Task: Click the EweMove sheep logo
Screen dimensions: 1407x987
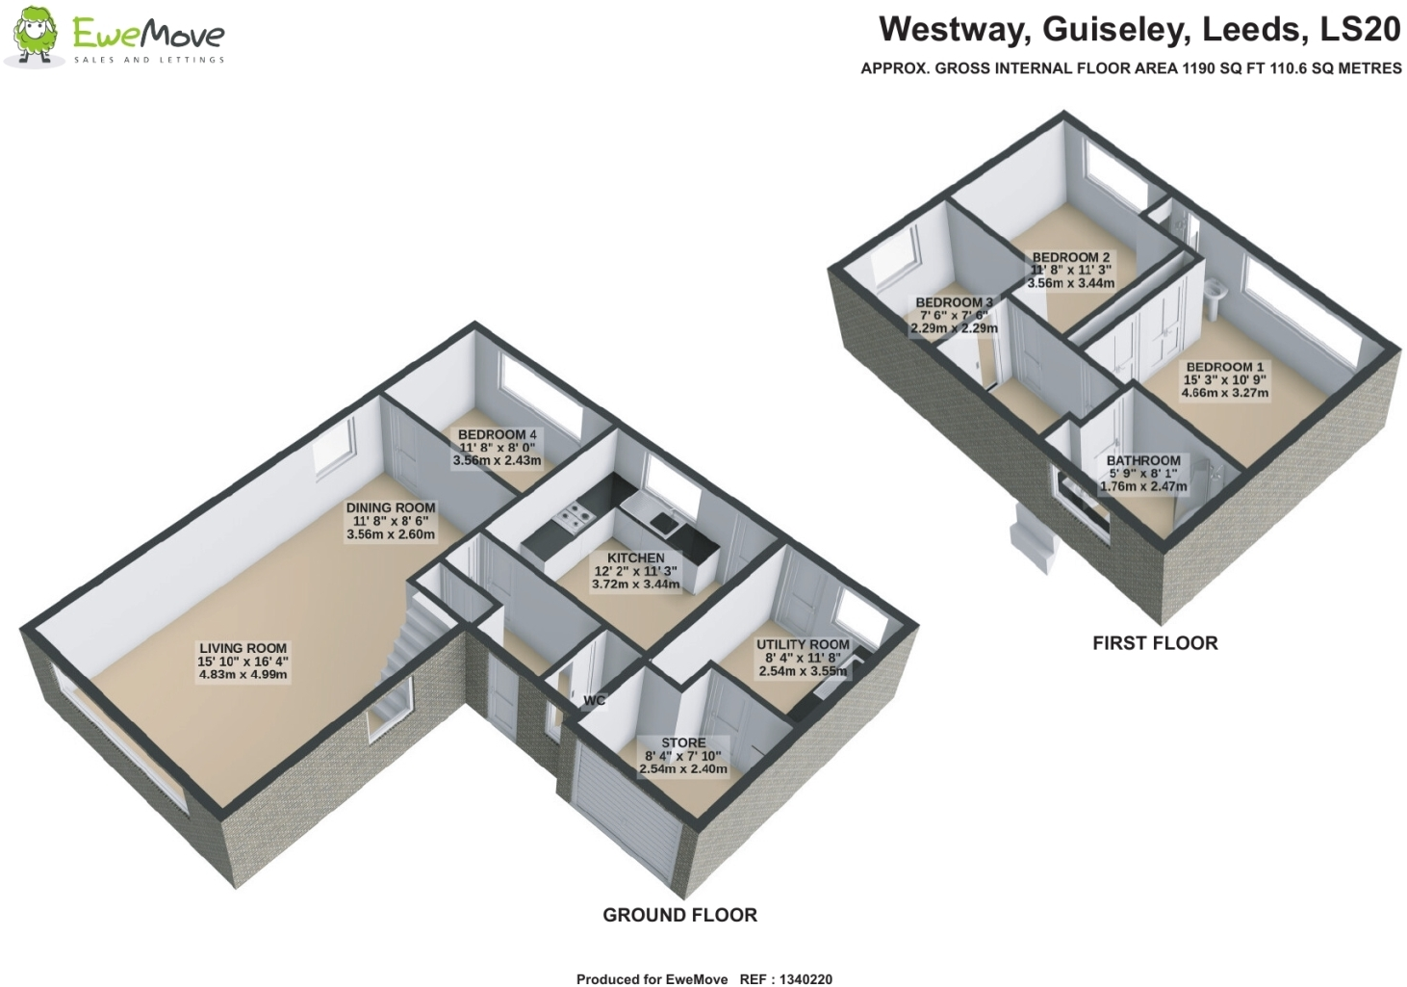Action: pyautogui.click(x=36, y=37)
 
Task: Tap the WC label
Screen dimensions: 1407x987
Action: pyautogui.click(x=594, y=700)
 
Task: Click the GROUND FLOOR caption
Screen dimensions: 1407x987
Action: pyautogui.click(x=679, y=915)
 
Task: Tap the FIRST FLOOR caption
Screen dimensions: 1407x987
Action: pyautogui.click(x=1155, y=643)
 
